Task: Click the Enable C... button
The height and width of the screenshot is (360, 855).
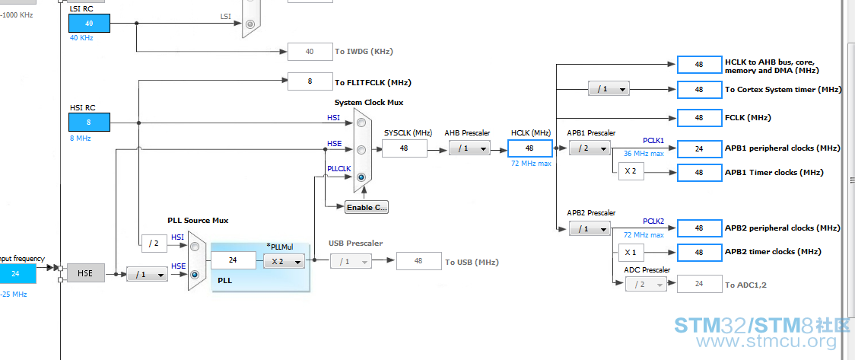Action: click(x=367, y=207)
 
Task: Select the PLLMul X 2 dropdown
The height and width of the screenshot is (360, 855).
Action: click(x=284, y=261)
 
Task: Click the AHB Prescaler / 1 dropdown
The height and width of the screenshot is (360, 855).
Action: click(x=469, y=148)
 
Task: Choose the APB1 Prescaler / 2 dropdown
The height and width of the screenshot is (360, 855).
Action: click(x=589, y=148)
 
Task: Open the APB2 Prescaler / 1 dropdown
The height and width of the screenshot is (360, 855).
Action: click(x=589, y=228)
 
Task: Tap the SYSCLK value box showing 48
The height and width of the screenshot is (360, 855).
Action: click(x=404, y=148)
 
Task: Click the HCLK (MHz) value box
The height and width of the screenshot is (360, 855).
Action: click(x=529, y=148)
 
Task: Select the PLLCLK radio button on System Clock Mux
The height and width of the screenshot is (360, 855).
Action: click(x=361, y=177)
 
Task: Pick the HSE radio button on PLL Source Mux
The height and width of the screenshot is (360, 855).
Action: click(x=195, y=274)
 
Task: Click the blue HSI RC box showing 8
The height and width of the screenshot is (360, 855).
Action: click(x=89, y=123)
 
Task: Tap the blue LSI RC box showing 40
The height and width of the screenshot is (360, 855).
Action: click(x=89, y=23)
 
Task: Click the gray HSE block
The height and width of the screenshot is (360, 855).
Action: click(x=85, y=272)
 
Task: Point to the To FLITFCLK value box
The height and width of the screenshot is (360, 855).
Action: click(x=310, y=82)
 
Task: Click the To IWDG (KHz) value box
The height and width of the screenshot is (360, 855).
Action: click(x=310, y=51)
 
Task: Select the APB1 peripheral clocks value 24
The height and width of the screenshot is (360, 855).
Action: click(x=699, y=148)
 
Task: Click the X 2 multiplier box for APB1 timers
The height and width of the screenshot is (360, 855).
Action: click(x=631, y=171)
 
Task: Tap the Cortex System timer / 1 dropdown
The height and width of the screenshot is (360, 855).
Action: click(x=609, y=89)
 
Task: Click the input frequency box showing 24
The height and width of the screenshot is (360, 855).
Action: click(x=15, y=273)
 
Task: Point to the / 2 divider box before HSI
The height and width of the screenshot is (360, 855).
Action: click(x=154, y=244)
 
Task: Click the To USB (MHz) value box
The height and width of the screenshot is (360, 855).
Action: click(x=418, y=261)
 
